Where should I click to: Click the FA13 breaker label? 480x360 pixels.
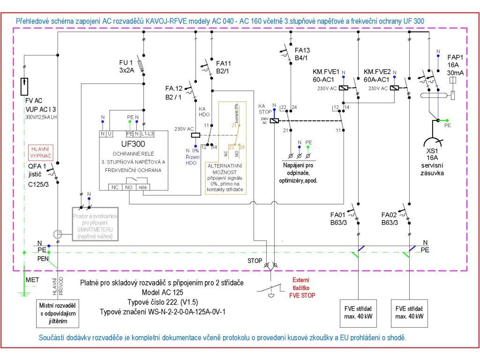302,53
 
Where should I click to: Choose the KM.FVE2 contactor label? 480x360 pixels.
377,75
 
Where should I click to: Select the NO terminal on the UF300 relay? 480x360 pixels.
128,187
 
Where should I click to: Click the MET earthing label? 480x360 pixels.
32,279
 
